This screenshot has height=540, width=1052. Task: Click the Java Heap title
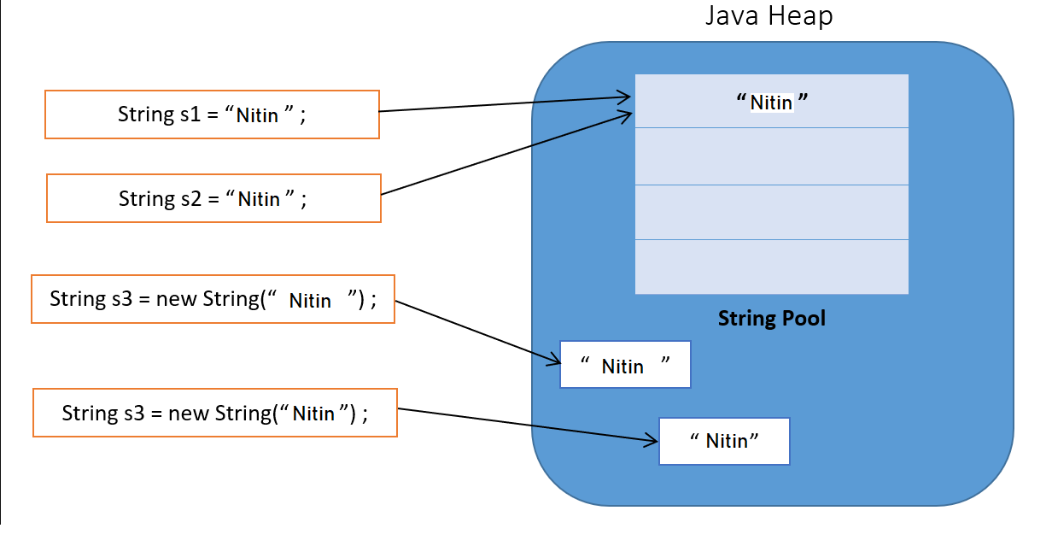point(769,16)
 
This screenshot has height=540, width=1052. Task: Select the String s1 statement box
point(212,114)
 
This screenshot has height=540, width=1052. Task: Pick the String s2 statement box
point(213,198)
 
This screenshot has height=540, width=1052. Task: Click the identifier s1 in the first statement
point(190,114)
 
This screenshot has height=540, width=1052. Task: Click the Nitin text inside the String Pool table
point(771,103)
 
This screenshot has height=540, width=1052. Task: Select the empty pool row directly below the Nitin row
point(771,156)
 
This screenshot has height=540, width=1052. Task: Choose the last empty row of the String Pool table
point(771,267)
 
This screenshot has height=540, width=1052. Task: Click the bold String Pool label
point(771,319)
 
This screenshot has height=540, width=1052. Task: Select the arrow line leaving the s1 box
point(504,104)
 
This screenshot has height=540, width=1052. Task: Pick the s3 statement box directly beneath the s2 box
point(213,299)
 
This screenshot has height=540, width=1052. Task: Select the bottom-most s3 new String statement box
point(214,413)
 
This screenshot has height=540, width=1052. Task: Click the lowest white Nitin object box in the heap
point(724,441)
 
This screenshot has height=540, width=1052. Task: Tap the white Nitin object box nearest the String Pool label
point(624,365)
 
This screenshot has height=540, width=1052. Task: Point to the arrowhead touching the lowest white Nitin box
point(652,441)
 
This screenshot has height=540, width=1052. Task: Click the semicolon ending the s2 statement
point(302,199)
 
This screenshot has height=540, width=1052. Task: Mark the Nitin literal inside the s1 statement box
point(258,115)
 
